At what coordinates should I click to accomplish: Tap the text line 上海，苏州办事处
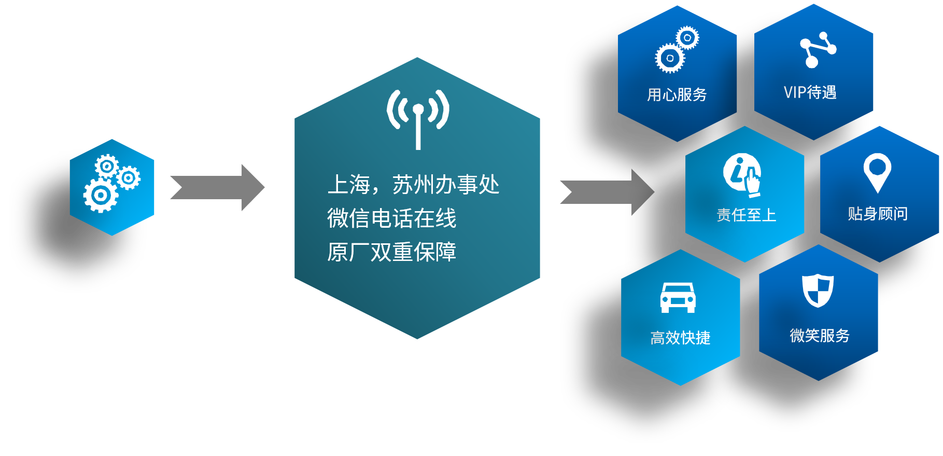click(413, 185)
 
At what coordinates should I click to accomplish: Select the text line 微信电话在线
click(391, 218)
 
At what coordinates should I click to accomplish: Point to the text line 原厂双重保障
click(391, 252)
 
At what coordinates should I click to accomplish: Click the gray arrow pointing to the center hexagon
click(217, 188)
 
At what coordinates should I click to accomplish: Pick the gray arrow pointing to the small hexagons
click(607, 192)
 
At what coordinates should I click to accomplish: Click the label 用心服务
click(677, 95)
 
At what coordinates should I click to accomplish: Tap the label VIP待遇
click(810, 93)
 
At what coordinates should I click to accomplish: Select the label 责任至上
click(746, 215)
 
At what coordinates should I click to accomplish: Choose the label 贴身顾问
click(878, 214)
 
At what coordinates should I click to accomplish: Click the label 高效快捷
click(680, 338)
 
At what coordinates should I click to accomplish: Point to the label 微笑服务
click(820, 336)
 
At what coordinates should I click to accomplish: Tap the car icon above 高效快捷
click(678, 298)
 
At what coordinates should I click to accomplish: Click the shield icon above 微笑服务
click(818, 291)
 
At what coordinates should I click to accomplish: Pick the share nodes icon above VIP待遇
click(818, 50)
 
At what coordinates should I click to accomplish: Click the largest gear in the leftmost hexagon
click(101, 196)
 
